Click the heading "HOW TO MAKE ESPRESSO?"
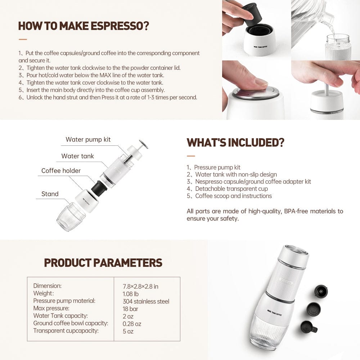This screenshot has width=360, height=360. [84, 26]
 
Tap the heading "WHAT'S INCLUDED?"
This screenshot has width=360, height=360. [235, 143]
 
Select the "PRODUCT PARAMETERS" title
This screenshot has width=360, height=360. [103, 263]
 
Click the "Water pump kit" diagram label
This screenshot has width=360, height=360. [88, 140]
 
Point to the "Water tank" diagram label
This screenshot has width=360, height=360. [77, 156]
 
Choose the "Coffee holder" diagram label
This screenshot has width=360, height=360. [61, 171]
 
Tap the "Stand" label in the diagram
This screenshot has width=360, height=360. [50, 194]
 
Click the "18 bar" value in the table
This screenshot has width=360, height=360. [130, 309]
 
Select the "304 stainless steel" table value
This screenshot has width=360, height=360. [146, 301]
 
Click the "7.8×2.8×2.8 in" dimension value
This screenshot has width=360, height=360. [140, 287]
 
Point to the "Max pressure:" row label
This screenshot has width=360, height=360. [51, 309]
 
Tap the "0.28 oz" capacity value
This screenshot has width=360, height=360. [132, 324]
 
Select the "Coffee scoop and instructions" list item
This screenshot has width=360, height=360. [233, 196]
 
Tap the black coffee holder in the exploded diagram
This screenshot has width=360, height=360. [99, 188]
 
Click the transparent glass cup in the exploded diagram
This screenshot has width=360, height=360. [71, 217]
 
